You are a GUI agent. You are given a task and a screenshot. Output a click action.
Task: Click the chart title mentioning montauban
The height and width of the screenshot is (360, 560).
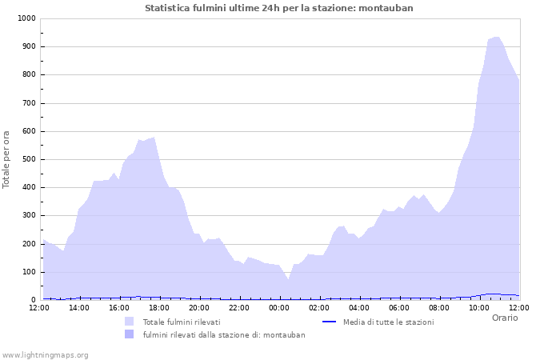coord(279,8)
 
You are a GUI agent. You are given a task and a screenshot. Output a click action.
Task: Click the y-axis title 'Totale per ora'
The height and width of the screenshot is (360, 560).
coord(7,158)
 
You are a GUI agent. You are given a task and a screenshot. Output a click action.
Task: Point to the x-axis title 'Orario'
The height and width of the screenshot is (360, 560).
coord(504,318)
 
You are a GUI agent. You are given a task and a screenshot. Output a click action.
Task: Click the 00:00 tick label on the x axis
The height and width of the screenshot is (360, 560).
coord(279,307)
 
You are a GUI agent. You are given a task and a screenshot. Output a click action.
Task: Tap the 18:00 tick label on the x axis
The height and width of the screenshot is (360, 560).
coord(159,307)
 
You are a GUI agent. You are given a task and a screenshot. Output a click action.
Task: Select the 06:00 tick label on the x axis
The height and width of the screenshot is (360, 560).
coord(399,307)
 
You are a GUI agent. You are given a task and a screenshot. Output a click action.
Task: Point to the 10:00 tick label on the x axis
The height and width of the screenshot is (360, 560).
coord(479,307)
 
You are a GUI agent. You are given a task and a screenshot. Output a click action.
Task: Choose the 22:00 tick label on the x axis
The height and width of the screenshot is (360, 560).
coord(239,307)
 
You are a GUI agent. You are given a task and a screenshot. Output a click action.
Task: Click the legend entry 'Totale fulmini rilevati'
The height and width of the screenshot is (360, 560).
coord(182,322)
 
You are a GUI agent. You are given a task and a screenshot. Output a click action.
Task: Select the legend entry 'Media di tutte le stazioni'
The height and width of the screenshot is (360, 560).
coord(388,322)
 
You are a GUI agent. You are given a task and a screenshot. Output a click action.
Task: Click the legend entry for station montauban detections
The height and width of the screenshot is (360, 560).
coord(224,334)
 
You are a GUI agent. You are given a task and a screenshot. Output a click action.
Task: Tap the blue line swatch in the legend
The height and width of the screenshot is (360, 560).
coord(328,322)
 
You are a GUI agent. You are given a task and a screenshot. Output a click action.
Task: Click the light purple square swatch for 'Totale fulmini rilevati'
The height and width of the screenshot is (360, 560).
coord(129,322)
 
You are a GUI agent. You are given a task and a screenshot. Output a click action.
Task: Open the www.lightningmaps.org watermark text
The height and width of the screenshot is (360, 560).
coord(46,354)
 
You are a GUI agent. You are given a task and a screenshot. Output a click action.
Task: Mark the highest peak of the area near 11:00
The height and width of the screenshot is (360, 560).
coord(497,37)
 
